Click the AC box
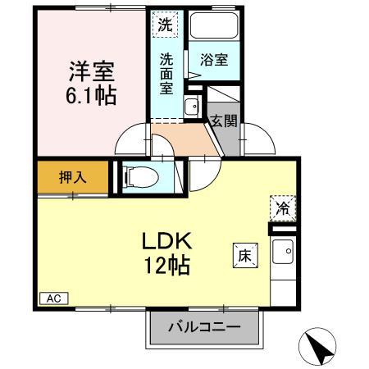[x=52, y=298]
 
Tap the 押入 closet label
[x=72, y=175]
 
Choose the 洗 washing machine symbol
[x=166, y=25]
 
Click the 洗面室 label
[x=166, y=72]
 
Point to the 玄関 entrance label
[x=223, y=122]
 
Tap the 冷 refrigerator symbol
[x=280, y=208]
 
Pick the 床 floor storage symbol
[x=247, y=254]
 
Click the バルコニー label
[x=204, y=327]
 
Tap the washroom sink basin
[x=191, y=106]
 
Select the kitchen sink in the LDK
[x=284, y=255]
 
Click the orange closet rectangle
[x=72, y=175]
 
